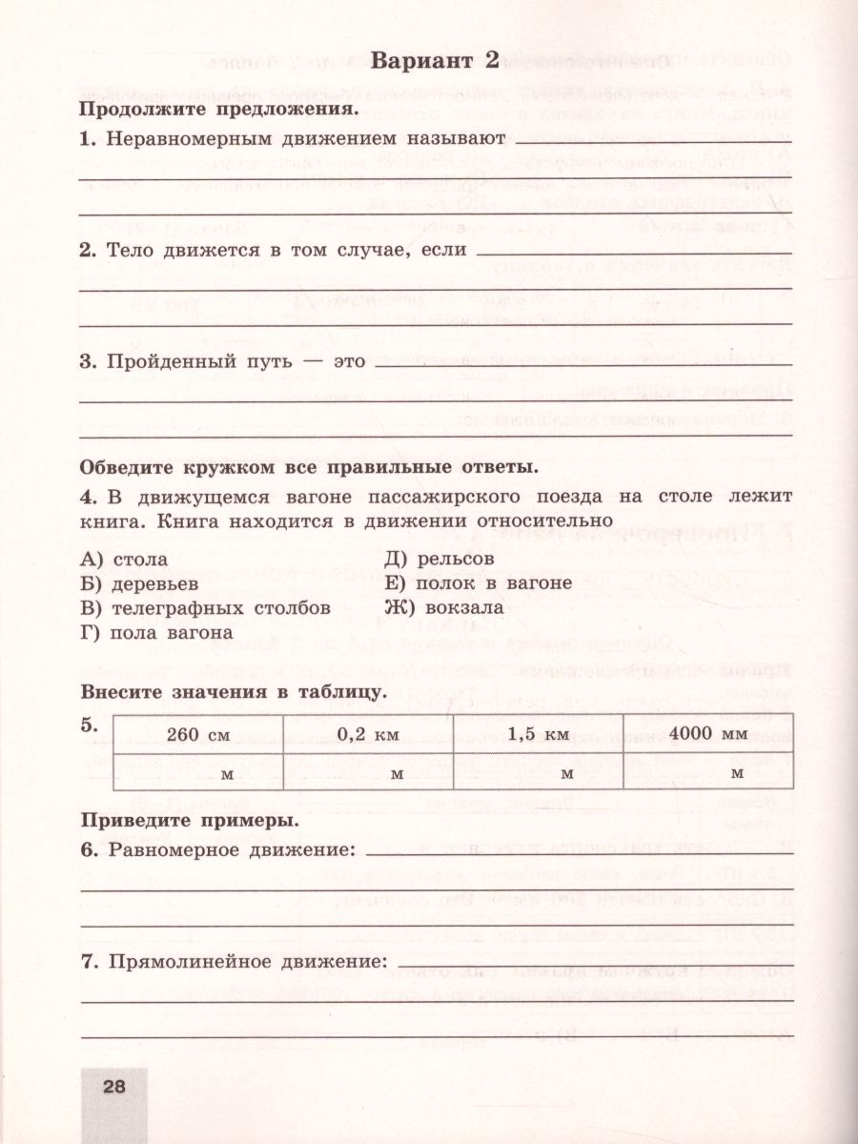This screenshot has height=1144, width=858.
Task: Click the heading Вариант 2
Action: (x=434, y=63)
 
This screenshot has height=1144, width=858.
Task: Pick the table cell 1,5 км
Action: (x=539, y=735)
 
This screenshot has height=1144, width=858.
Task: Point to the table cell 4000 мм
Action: (x=707, y=735)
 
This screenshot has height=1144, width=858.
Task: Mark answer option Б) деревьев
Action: (x=139, y=583)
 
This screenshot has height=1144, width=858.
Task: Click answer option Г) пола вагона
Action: (x=157, y=632)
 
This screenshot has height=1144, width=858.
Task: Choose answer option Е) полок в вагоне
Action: (x=478, y=583)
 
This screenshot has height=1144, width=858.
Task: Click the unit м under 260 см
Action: (x=227, y=773)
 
